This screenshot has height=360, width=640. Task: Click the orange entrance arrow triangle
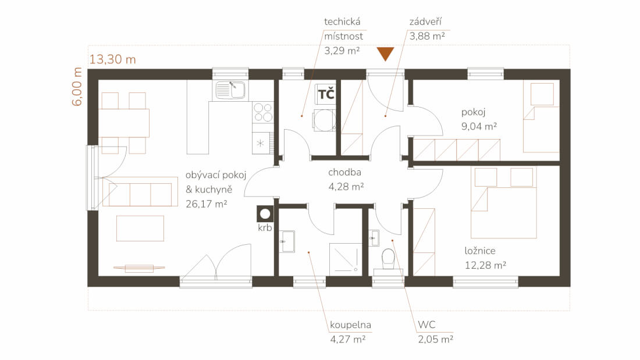tap(385, 54)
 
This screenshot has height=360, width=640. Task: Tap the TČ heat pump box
tap(326, 94)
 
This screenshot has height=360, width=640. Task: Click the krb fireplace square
tap(265, 213)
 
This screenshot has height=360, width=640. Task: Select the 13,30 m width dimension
tap(113, 59)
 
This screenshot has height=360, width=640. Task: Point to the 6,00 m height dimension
tap(77, 87)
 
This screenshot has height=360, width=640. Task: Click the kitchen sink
tap(230, 90)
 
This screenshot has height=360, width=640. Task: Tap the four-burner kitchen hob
tap(262, 112)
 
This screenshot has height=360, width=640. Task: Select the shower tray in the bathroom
tap(346, 258)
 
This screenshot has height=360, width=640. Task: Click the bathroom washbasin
tap(287, 241)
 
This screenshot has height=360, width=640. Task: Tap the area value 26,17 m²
tap(206, 204)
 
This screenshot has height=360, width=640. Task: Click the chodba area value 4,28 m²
tap(346, 187)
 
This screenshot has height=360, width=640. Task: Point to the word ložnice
tap(480, 251)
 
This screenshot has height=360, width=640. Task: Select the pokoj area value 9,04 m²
tap(479, 126)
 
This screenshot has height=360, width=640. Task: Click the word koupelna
tap(351, 325)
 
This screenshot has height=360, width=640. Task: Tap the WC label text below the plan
tap(426, 325)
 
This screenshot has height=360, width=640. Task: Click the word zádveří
tap(426, 22)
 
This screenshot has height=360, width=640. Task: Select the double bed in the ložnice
tap(504, 202)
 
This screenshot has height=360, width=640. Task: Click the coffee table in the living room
tap(140, 229)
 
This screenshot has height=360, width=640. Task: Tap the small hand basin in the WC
tap(374, 238)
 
